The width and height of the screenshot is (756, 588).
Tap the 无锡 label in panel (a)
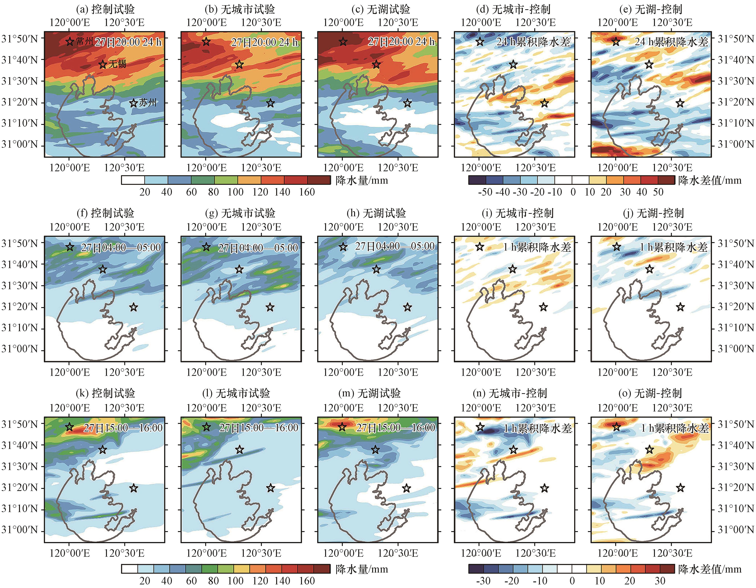tap(117, 64)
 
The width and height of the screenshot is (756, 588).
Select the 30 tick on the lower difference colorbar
tap(660, 581)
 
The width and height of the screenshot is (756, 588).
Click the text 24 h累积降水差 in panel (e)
tap(671, 42)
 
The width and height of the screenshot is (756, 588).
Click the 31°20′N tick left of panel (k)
tap(19, 488)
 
